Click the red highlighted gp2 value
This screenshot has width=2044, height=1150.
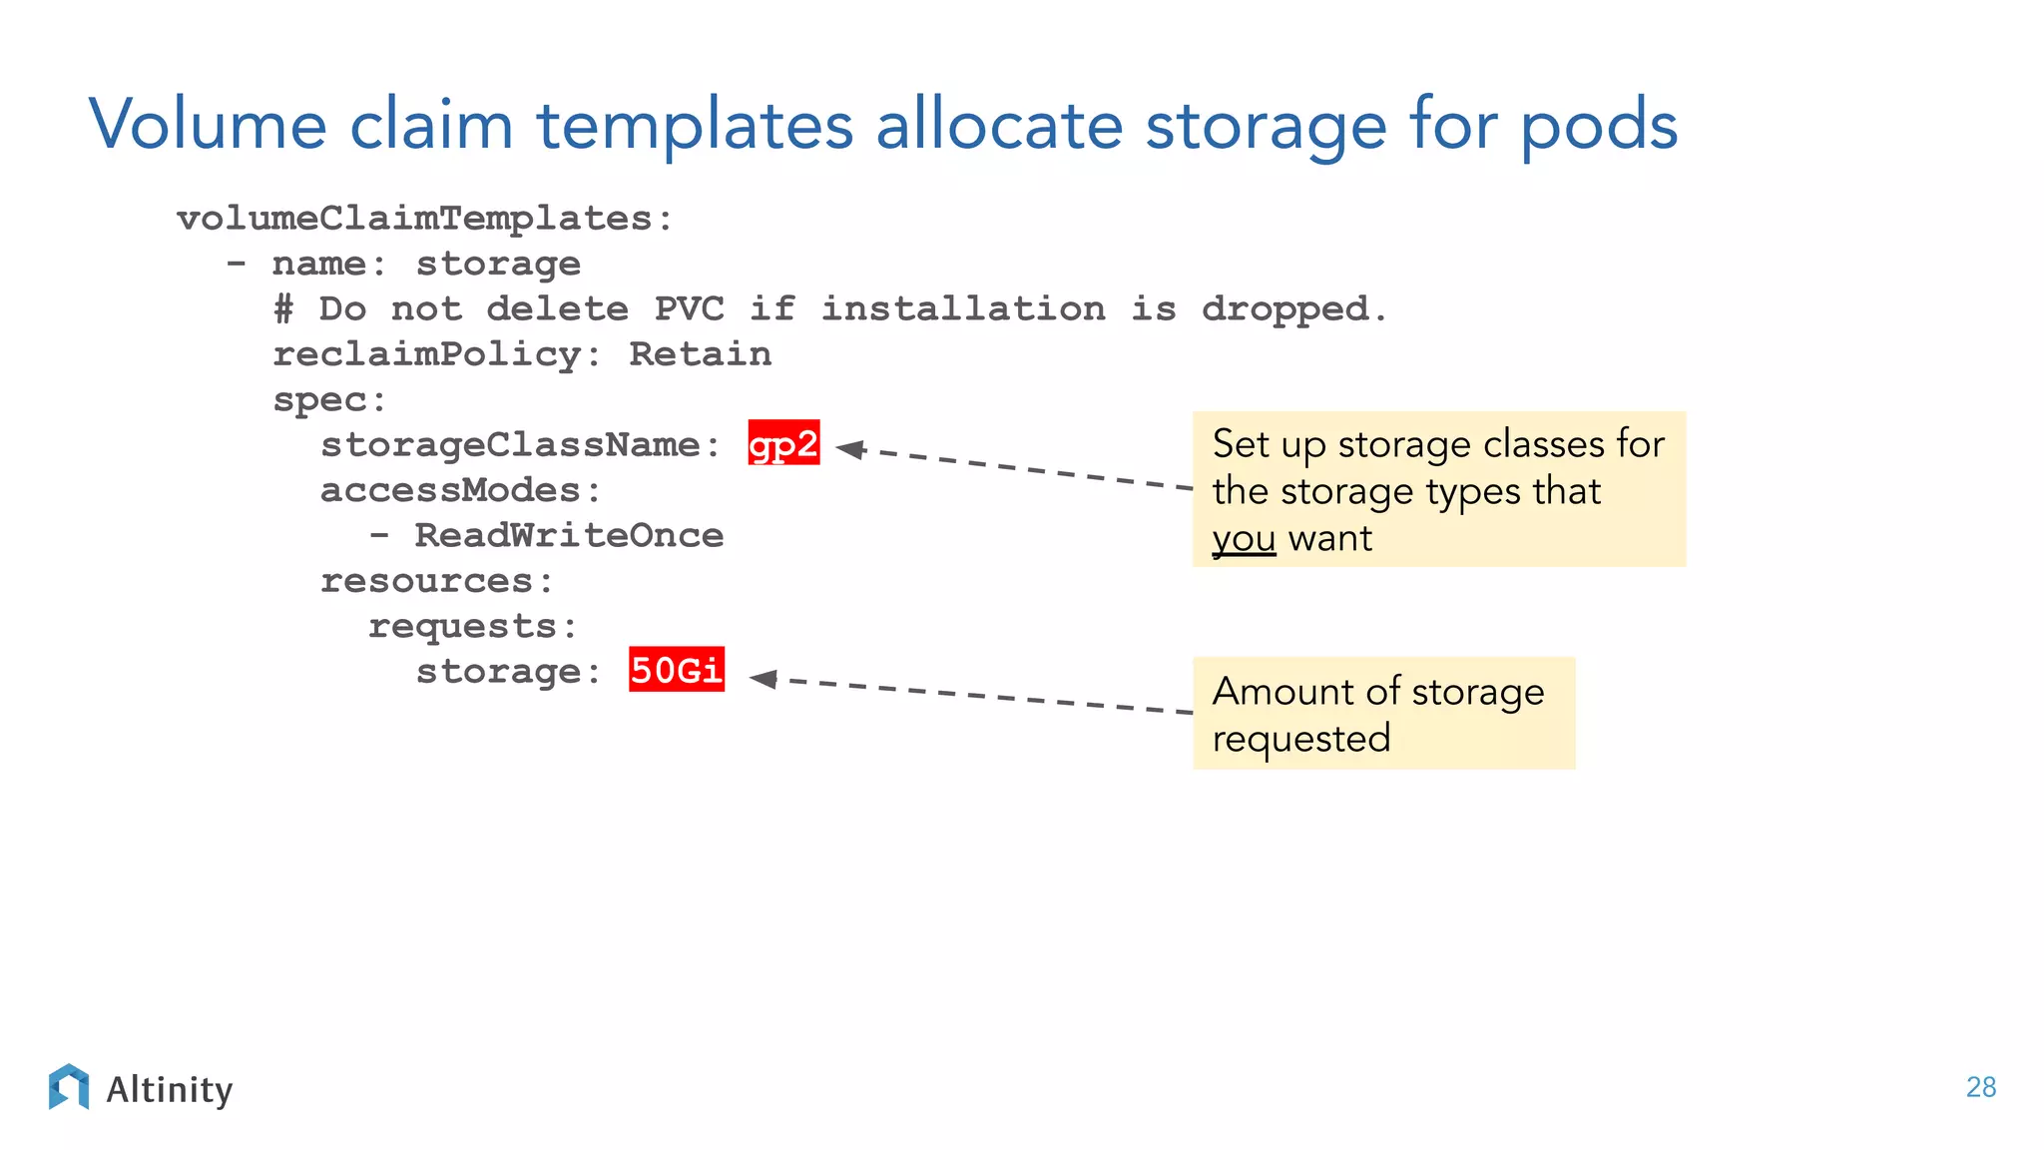783,443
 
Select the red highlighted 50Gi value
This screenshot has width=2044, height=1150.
676,670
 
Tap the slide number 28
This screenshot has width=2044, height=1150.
1980,1087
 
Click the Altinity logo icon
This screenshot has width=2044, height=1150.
69,1087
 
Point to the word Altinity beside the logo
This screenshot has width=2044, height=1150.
170,1089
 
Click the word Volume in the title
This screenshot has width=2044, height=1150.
208,125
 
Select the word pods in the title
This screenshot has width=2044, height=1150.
1599,127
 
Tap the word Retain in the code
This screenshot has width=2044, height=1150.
700,354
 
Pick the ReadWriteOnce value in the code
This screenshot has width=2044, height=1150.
569,535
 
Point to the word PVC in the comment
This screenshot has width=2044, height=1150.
689,308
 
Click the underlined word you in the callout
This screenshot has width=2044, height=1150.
1244,539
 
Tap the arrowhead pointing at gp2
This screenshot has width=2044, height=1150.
850,449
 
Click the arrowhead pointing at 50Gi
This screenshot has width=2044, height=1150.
765,679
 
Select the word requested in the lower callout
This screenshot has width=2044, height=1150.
1300,739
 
